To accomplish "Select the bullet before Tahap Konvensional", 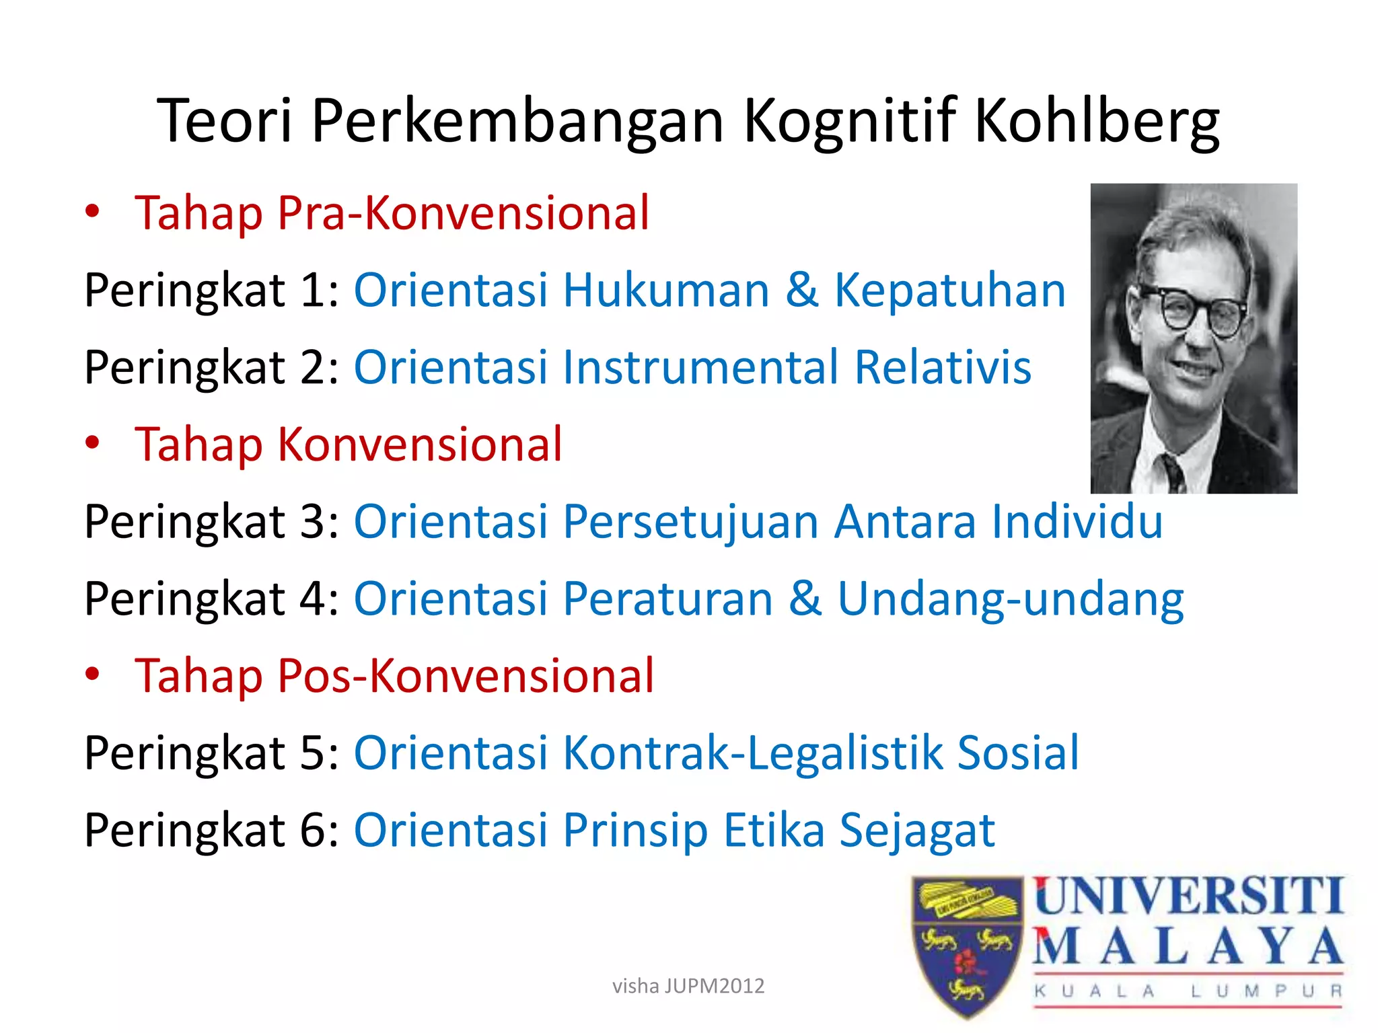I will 92,443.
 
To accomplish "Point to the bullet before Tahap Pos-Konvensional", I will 92,674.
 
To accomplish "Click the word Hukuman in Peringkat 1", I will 666,291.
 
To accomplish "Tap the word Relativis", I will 943,367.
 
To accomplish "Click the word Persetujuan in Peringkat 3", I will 690,523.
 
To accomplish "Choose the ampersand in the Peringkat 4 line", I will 805,599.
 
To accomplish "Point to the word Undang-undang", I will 1011,600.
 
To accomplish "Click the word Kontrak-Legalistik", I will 752,753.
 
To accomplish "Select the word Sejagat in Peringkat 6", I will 917,831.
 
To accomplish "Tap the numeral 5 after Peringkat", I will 314,753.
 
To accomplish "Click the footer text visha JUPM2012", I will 688,986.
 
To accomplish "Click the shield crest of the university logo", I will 967,945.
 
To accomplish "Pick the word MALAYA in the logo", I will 1188,947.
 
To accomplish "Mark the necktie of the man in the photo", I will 1172,471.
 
